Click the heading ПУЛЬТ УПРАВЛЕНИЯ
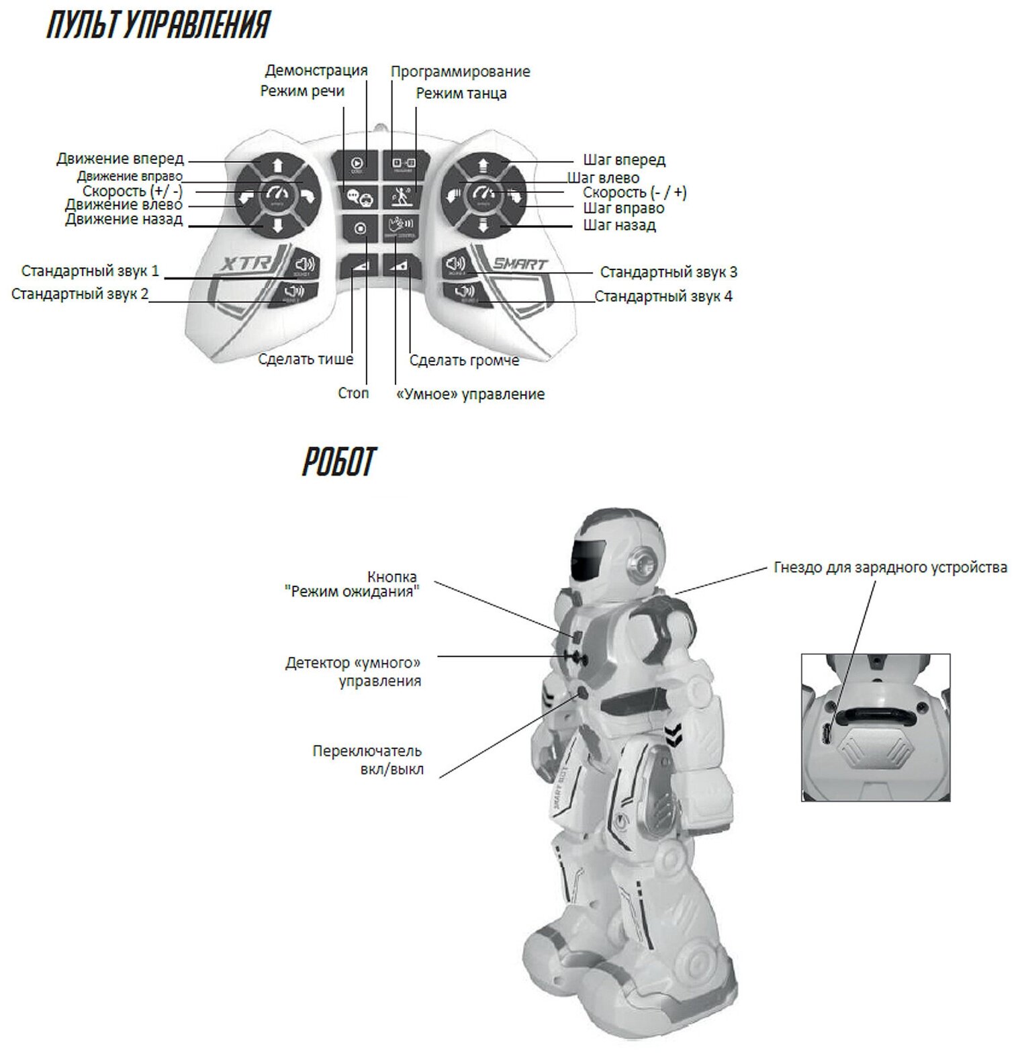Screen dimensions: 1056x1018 (158, 26)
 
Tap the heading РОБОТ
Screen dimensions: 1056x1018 (338, 462)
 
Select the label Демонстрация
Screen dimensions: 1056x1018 (316, 71)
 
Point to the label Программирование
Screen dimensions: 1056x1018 (460, 72)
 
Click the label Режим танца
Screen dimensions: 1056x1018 (461, 93)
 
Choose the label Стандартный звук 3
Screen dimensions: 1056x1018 (668, 272)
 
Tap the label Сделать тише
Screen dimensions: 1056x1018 (306, 359)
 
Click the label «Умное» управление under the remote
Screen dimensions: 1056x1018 (470, 394)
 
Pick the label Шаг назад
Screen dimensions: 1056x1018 (619, 225)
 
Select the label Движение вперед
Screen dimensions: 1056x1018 (120, 159)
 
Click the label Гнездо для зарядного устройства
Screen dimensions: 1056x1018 (890, 568)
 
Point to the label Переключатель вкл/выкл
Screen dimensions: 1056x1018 (367, 760)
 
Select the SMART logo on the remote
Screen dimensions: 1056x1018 (520, 263)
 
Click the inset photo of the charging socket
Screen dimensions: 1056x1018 (875, 728)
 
